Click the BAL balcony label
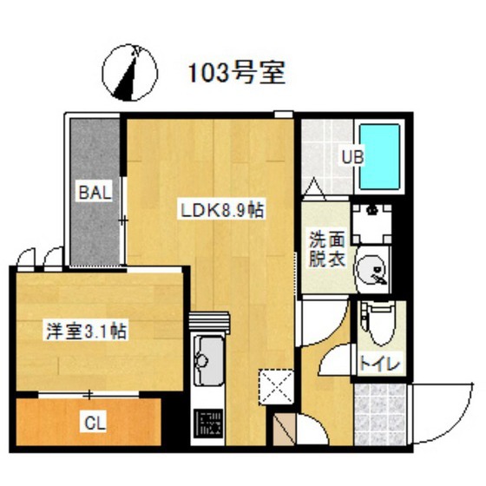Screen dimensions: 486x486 [x=94, y=193]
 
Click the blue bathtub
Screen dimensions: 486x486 [x=379, y=158]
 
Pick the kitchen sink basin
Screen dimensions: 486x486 [x=208, y=356]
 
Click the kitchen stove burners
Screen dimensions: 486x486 [x=208, y=424]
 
